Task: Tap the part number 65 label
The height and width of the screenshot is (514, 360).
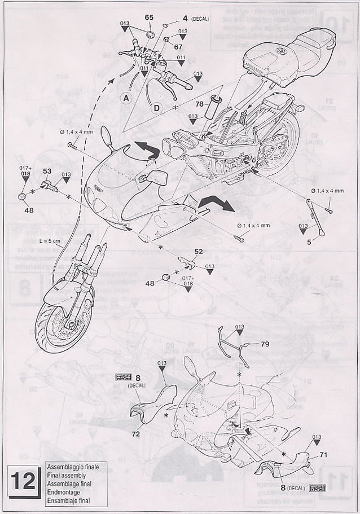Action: coord(149,17)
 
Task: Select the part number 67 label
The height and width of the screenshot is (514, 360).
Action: coord(178,48)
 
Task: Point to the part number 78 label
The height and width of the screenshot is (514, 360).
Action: coord(199,104)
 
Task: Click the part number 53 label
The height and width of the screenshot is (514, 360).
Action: coord(47,170)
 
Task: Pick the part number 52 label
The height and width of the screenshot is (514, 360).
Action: coord(198,252)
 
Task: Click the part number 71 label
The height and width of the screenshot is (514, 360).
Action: coord(323,454)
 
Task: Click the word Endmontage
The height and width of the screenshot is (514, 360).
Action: coord(63,493)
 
